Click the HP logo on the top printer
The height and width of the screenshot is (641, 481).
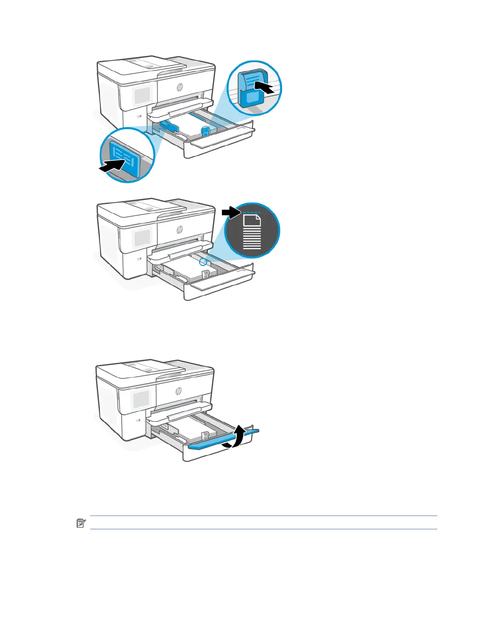point(179,87)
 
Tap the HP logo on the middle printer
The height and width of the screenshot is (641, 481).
point(179,230)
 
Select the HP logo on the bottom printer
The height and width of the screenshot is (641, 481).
point(178,391)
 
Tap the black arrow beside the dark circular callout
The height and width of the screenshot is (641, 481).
point(231,212)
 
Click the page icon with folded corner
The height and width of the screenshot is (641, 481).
point(252,221)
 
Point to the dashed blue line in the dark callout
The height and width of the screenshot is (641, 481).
point(252,212)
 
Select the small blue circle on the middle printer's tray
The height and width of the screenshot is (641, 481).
point(203,262)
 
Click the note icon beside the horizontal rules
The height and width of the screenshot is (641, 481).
point(81,523)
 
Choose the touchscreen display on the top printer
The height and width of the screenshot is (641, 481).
point(141,96)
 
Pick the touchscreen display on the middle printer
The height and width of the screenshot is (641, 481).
point(141,238)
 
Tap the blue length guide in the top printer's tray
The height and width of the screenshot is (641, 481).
point(206,130)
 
